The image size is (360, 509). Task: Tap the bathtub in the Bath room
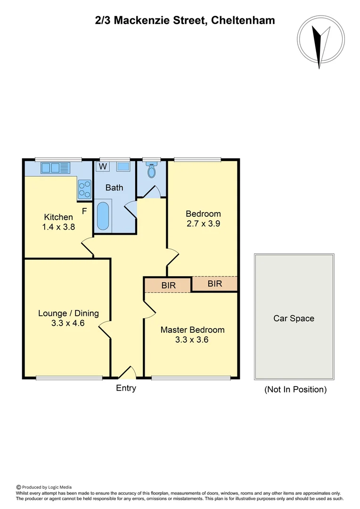point(103,215)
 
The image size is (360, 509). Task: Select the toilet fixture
point(151,170)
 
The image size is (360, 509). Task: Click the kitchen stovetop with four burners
point(85,189)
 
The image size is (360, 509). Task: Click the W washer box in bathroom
point(102,166)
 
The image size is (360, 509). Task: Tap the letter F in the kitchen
point(84,211)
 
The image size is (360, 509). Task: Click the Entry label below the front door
point(126,388)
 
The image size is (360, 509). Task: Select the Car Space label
point(294,319)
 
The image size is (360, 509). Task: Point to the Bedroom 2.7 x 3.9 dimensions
point(203,224)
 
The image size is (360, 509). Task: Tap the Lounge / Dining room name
point(68,313)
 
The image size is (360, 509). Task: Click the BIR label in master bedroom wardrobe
point(168,286)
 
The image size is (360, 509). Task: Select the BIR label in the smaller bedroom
point(215,284)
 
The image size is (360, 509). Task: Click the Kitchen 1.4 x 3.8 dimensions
point(58,227)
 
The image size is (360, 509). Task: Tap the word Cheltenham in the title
point(243,20)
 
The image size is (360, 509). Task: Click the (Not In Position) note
point(295,389)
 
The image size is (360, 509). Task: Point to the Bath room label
point(114,188)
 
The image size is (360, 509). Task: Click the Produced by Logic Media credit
point(47,487)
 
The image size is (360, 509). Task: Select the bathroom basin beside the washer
point(123,166)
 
